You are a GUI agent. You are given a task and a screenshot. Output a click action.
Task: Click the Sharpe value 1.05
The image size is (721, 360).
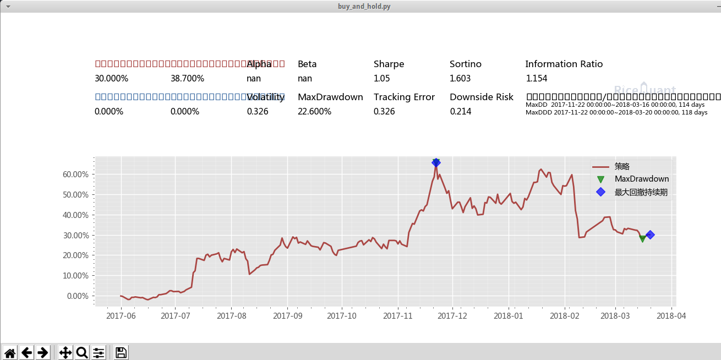tap(381, 79)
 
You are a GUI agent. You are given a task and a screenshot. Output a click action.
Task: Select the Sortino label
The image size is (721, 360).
tap(465, 64)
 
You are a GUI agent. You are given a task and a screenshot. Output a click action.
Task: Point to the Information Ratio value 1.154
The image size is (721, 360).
tap(536, 79)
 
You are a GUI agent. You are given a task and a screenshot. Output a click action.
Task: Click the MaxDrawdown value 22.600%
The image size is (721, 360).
tap(314, 112)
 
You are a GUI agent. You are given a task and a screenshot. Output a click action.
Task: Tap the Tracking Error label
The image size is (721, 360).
tap(404, 97)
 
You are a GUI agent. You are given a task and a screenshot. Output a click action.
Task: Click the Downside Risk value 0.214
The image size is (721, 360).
tap(460, 112)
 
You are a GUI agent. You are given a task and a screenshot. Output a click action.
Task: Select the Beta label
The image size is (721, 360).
tap(307, 64)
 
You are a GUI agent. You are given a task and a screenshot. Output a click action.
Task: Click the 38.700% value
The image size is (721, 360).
tap(187, 79)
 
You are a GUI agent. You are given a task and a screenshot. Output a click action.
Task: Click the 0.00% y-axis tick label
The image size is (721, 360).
tap(78, 296)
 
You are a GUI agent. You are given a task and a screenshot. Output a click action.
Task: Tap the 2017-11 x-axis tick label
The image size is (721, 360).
tap(397, 316)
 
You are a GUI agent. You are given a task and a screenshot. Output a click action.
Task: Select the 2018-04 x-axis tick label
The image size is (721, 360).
tap(671, 316)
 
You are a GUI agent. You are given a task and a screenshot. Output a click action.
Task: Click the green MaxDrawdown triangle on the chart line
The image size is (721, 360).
tap(642, 238)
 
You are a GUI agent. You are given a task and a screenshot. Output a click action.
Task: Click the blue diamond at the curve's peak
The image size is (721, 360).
tap(436, 162)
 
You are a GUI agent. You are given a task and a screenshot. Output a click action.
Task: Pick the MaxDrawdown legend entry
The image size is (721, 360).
tap(641, 179)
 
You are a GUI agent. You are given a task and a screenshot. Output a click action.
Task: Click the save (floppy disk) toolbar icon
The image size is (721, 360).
tap(121, 352)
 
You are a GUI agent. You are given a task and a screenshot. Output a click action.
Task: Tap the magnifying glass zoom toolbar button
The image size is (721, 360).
tap(82, 352)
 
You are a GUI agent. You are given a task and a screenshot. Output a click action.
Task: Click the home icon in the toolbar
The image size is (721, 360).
tap(10, 352)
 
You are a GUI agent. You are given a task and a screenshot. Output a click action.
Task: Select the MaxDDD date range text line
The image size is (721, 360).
tap(616, 112)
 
